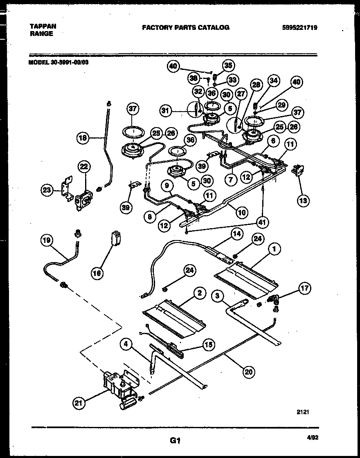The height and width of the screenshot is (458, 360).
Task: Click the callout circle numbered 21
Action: coord(80,404)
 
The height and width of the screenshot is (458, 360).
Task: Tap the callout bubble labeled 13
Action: coord(304,200)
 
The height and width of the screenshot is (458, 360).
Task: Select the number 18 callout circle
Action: coord(83,138)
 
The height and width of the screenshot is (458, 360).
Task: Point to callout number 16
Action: coord(97,274)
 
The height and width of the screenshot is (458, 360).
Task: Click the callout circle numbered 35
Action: coord(227,65)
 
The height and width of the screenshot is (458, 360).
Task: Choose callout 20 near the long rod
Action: coord(248,372)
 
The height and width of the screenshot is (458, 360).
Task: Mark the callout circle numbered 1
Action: coord(275,248)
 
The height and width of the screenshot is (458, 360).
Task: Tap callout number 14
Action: coord(236,234)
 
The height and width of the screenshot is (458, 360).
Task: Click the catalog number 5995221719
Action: coord(300,28)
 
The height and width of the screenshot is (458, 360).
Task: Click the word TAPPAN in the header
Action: coord(43,26)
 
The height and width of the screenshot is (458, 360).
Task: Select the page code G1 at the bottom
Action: coord(175,440)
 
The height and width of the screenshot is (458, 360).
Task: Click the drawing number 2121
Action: coord(303,412)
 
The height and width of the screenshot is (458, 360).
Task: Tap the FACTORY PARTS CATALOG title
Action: coord(185,28)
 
